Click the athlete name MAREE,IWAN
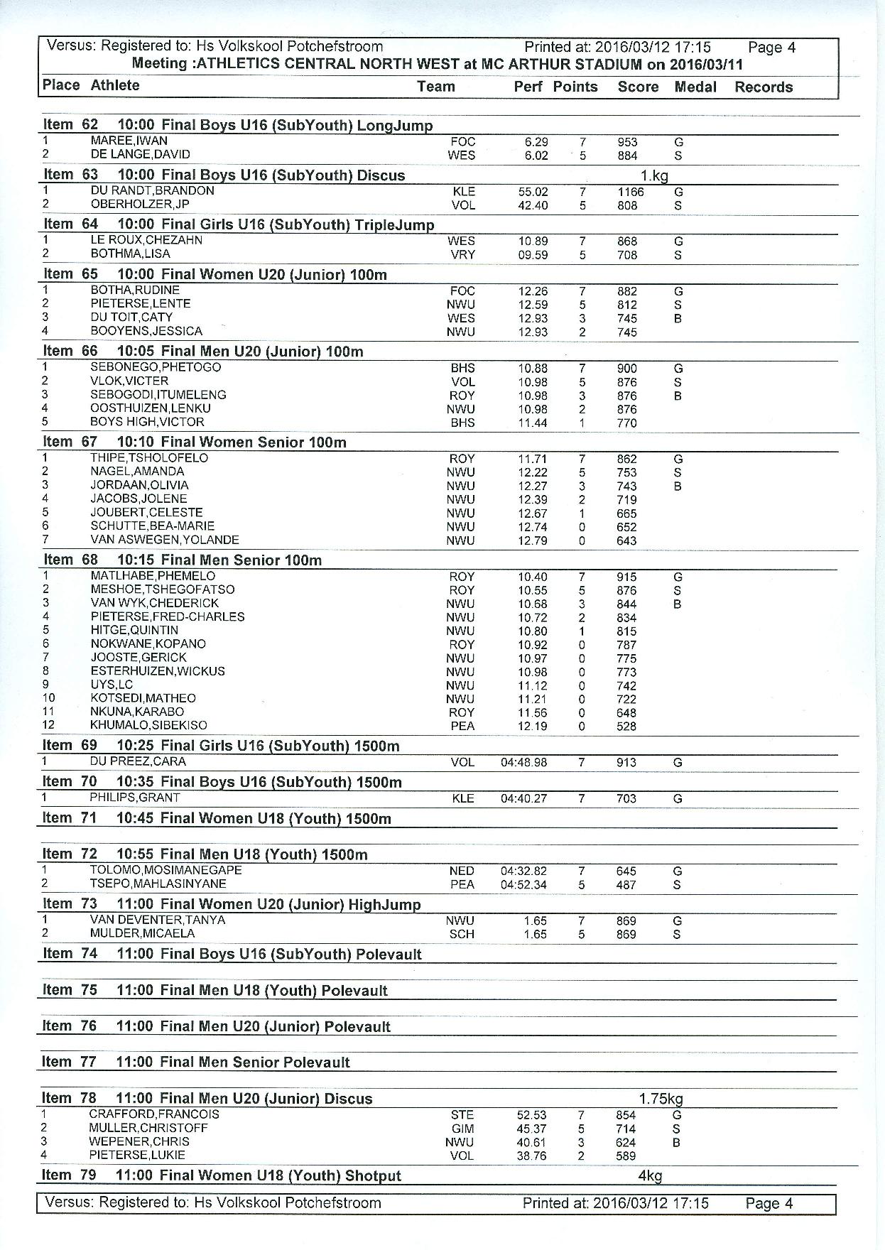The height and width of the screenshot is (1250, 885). click(129, 141)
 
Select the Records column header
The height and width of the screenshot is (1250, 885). click(763, 87)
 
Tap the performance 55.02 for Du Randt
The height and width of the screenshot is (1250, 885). click(533, 192)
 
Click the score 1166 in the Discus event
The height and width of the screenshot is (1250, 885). click(630, 192)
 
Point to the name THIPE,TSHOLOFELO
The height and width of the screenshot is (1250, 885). click(149, 458)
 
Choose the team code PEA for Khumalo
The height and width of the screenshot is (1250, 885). click(462, 727)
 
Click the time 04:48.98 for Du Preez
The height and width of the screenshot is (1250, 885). click(523, 763)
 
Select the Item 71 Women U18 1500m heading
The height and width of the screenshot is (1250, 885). click(217, 818)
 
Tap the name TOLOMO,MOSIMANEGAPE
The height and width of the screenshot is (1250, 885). click(165, 871)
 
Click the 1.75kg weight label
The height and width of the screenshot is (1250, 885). click(661, 1099)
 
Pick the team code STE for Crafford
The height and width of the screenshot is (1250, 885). click(462, 1115)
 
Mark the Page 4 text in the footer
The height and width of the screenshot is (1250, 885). click(769, 1204)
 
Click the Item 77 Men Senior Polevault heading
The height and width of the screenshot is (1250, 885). click(196, 1062)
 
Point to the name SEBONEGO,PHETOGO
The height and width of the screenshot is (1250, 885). click(156, 367)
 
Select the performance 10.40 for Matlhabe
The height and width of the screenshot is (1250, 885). click(532, 577)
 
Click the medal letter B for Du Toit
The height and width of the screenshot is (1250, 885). click(678, 319)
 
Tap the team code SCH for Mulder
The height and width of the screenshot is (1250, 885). click(462, 935)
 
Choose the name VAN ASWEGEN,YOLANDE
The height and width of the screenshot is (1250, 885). click(165, 540)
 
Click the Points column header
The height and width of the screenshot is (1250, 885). click(575, 87)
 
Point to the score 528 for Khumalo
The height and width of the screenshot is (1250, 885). click(626, 727)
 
